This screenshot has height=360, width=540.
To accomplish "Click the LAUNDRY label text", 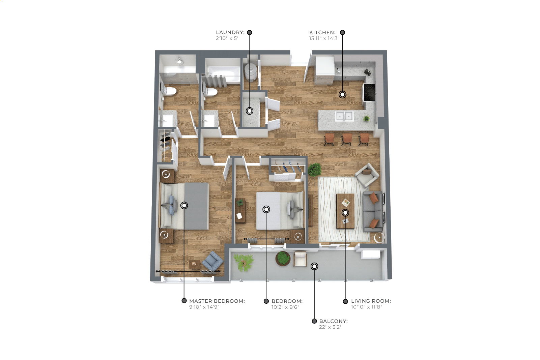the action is [230, 32].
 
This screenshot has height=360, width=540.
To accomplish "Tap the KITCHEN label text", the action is [322, 32].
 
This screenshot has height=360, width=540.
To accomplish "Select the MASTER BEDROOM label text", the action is [217, 301].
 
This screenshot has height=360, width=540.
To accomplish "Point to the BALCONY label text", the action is [333, 321].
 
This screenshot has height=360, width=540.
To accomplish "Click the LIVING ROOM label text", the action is [371, 301].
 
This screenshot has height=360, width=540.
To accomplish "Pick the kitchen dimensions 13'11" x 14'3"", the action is [324, 38].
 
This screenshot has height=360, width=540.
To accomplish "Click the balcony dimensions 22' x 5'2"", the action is [330, 327].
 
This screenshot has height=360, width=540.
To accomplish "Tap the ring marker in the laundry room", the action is [250, 111].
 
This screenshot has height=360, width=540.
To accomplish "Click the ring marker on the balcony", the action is [314, 266].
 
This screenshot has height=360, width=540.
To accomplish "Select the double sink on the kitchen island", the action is [344, 116].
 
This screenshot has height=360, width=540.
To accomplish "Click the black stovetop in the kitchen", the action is [369, 93].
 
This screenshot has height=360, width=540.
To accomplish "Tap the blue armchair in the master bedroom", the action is [213, 261].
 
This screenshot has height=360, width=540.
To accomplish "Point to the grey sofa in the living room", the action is [373, 211].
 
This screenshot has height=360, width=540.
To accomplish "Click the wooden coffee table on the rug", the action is [345, 211].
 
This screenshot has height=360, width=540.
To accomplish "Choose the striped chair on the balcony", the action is [300, 259].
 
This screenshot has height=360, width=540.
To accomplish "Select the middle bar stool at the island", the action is [347, 139].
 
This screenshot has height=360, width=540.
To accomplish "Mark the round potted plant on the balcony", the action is [283, 258].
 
